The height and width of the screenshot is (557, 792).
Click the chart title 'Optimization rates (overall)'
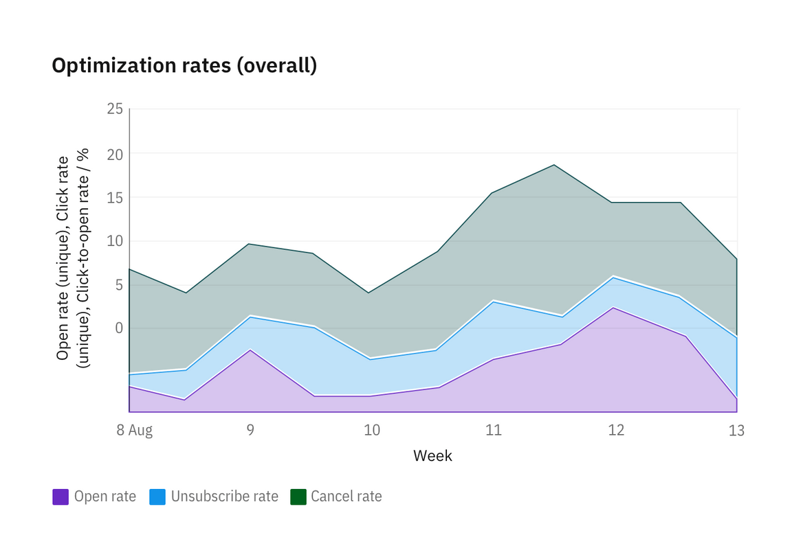pos(184,66)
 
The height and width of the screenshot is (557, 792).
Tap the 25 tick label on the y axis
pos(115,109)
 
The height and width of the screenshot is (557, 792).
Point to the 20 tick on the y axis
pos(115,154)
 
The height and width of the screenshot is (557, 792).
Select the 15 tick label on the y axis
pos(115,197)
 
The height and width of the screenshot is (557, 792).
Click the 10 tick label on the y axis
pos(115,241)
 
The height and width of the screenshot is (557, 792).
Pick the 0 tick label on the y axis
pos(118,328)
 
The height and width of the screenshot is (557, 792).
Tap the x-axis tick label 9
pos(250,431)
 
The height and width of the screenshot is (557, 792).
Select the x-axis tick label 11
pos(493,431)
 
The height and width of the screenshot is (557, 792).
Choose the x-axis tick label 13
pos(736,431)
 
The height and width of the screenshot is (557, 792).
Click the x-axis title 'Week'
pos(432,455)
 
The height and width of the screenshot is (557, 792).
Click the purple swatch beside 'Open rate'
pos(60,497)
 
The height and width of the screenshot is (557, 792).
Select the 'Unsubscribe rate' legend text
pos(224,497)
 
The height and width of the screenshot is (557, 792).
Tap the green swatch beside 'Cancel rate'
pos(298,497)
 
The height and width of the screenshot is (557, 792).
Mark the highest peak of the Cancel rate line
pos(554,165)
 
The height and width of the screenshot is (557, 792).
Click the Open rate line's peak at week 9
pos(250,350)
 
